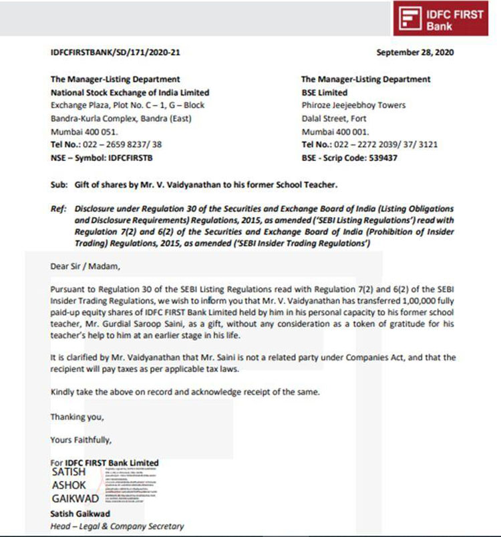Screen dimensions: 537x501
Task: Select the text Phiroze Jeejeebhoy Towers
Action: pyautogui.click(x=353, y=105)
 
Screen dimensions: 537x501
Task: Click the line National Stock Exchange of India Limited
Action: pyautogui.click(x=130, y=92)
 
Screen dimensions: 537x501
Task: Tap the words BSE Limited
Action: pyautogui.click(x=325, y=92)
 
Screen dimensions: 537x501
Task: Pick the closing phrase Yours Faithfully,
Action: pyautogui.click(x=81, y=439)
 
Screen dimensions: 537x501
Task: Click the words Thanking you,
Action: pyautogui.click(x=77, y=416)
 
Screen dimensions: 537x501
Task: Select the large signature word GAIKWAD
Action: pyautogui.click(x=75, y=498)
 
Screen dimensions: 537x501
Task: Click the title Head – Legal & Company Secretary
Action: pyautogui.click(x=117, y=526)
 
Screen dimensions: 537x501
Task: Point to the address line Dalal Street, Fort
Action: pyautogui.click(x=334, y=118)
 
